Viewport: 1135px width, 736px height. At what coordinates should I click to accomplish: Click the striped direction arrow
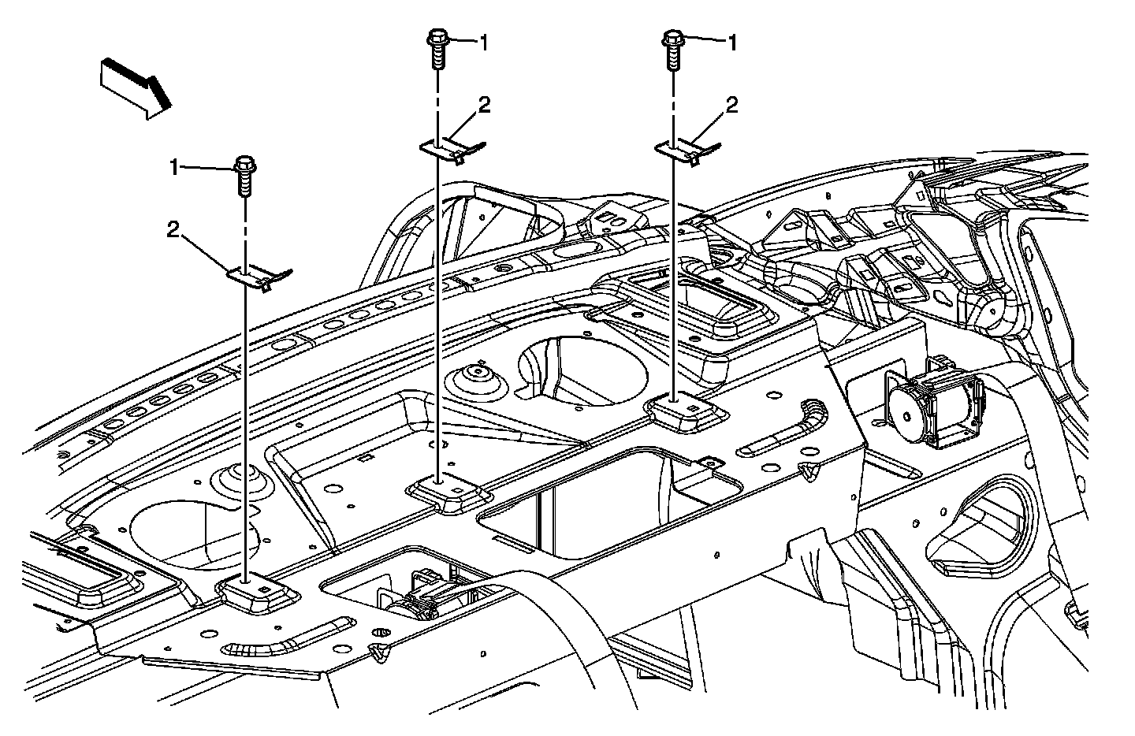click(135, 86)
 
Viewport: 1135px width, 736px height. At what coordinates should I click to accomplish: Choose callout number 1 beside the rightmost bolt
click(732, 43)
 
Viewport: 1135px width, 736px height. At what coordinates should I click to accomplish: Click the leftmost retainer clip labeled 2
click(259, 276)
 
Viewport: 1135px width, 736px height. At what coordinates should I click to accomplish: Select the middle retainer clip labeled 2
click(452, 148)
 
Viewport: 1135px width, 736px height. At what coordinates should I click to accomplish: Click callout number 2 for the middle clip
click(484, 105)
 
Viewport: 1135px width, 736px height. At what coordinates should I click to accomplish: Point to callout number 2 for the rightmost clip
click(732, 106)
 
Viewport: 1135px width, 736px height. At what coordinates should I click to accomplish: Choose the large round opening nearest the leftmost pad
click(189, 536)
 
